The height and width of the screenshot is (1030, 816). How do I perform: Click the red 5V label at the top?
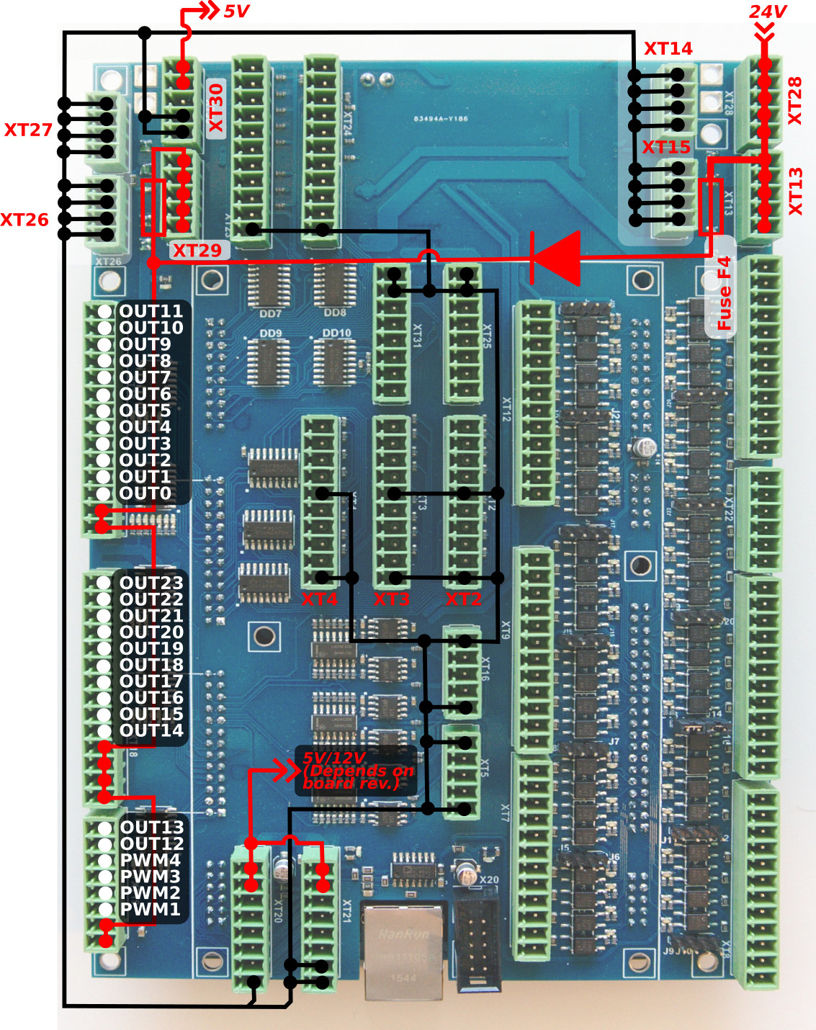point(236,12)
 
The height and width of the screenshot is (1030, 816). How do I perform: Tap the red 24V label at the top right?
point(767,12)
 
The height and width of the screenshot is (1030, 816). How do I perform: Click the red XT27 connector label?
point(28,130)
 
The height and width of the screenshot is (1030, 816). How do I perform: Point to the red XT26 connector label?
point(24,220)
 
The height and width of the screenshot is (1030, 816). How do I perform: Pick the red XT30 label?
point(216,108)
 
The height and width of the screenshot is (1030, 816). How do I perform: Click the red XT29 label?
point(197,251)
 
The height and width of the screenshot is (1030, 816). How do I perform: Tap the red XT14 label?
point(668,49)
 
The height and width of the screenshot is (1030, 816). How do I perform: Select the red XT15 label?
point(666,148)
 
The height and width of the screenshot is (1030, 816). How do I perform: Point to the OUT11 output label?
point(151,311)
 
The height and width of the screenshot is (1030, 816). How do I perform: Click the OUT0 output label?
point(145,493)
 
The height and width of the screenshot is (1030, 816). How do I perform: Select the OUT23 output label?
point(151,583)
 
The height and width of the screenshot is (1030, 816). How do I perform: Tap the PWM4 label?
point(151,860)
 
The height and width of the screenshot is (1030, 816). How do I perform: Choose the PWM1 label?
point(151,909)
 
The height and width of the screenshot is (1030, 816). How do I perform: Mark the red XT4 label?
point(319,599)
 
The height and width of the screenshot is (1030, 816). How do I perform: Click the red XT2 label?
point(463,599)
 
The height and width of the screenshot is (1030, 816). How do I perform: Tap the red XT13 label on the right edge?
point(795,192)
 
